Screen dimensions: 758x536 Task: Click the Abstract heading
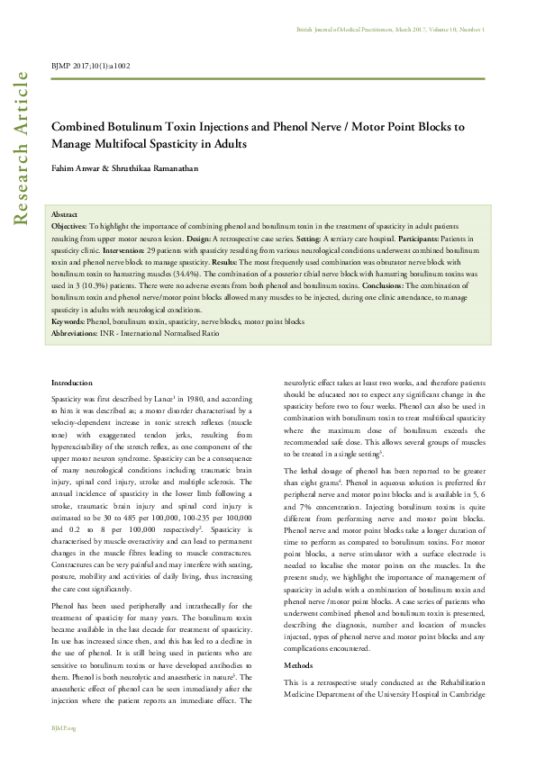tap(65, 215)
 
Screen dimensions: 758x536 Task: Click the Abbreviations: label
tap(77, 333)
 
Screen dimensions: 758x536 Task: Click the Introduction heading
tap(72, 383)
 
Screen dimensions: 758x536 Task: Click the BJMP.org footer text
tap(63, 727)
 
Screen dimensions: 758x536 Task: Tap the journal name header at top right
tap(390, 30)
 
